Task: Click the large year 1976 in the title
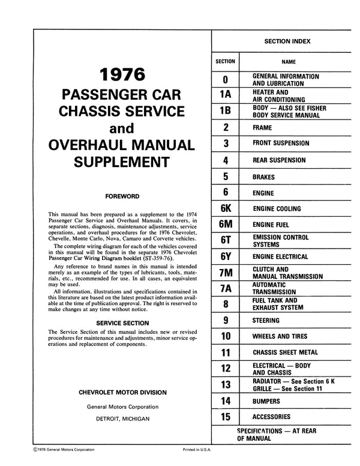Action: coord(122,76)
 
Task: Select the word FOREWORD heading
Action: coord(122,196)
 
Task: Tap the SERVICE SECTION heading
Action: coord(122,322)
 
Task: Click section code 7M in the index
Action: coord(225,273)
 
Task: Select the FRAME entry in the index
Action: coord(263,128)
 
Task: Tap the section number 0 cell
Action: coord(225,79)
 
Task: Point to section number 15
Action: coord(225,416)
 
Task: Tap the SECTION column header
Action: coord(225,61)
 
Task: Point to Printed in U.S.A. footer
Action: coord(198,449)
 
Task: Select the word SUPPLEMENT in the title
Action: coord(122,161)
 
